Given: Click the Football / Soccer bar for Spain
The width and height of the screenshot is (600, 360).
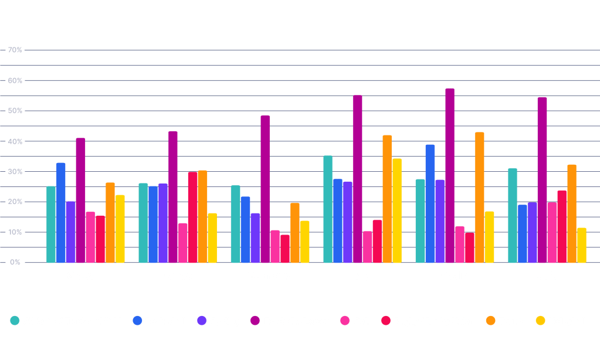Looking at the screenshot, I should coord(450,176).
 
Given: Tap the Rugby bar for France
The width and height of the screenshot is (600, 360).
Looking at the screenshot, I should coord(192,218).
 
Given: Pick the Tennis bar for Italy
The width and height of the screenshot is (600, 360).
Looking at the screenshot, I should coord(387,199).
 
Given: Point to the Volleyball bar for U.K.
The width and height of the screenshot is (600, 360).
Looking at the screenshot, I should coord(581,245).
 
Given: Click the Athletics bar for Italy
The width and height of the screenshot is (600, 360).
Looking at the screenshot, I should coord(328,209).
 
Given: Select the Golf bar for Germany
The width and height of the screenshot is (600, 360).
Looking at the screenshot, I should coord(275,246).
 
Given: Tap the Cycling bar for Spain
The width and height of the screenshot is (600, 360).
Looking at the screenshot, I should coord(440,221).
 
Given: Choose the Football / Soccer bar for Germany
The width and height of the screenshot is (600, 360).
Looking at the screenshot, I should coord(265,189).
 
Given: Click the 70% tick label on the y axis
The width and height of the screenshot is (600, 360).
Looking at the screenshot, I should coord(15,50).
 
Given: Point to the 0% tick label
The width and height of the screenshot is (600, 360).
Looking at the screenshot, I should coord(15,262).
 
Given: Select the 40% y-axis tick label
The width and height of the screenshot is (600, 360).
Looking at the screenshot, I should coord(15,141).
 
